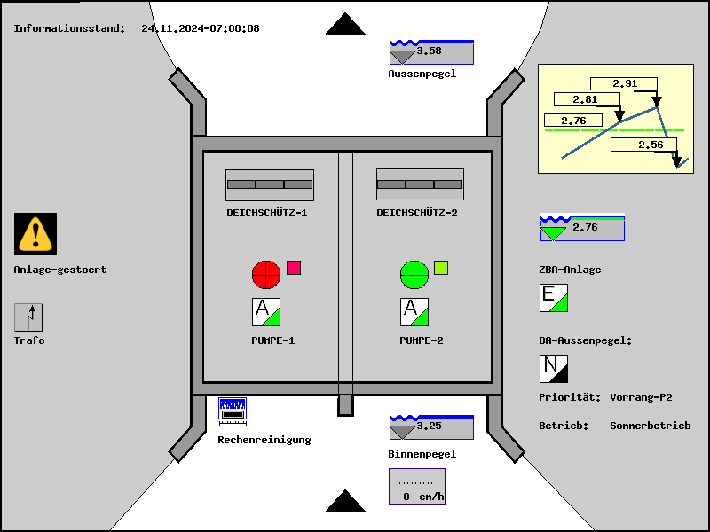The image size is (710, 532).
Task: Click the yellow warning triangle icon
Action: coord(35,234)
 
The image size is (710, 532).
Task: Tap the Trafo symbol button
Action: coord(28,317)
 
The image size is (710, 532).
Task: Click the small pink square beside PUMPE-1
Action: coord(294,268)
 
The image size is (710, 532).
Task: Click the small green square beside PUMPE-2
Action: coord(441,268)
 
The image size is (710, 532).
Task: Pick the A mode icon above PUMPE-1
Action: coord(266,312)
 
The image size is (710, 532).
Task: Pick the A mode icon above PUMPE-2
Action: coord(414,312)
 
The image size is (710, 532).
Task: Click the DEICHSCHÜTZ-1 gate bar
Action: coord(270,184)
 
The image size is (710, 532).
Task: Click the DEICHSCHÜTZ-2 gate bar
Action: coord(420,184)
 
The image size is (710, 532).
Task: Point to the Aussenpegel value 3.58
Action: coord(430,51)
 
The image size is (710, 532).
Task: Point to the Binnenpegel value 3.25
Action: coord(430,426)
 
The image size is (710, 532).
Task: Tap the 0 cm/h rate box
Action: coord(416,486)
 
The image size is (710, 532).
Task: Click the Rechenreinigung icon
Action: coord(233,410)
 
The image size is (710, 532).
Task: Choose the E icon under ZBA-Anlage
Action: coord(554,298)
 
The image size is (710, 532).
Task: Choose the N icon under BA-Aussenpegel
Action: coord(554,368)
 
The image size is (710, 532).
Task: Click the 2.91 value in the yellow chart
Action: coord(625,84)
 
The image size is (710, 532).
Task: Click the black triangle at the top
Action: coord(345,24)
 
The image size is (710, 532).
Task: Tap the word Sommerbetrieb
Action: coord(650,426)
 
